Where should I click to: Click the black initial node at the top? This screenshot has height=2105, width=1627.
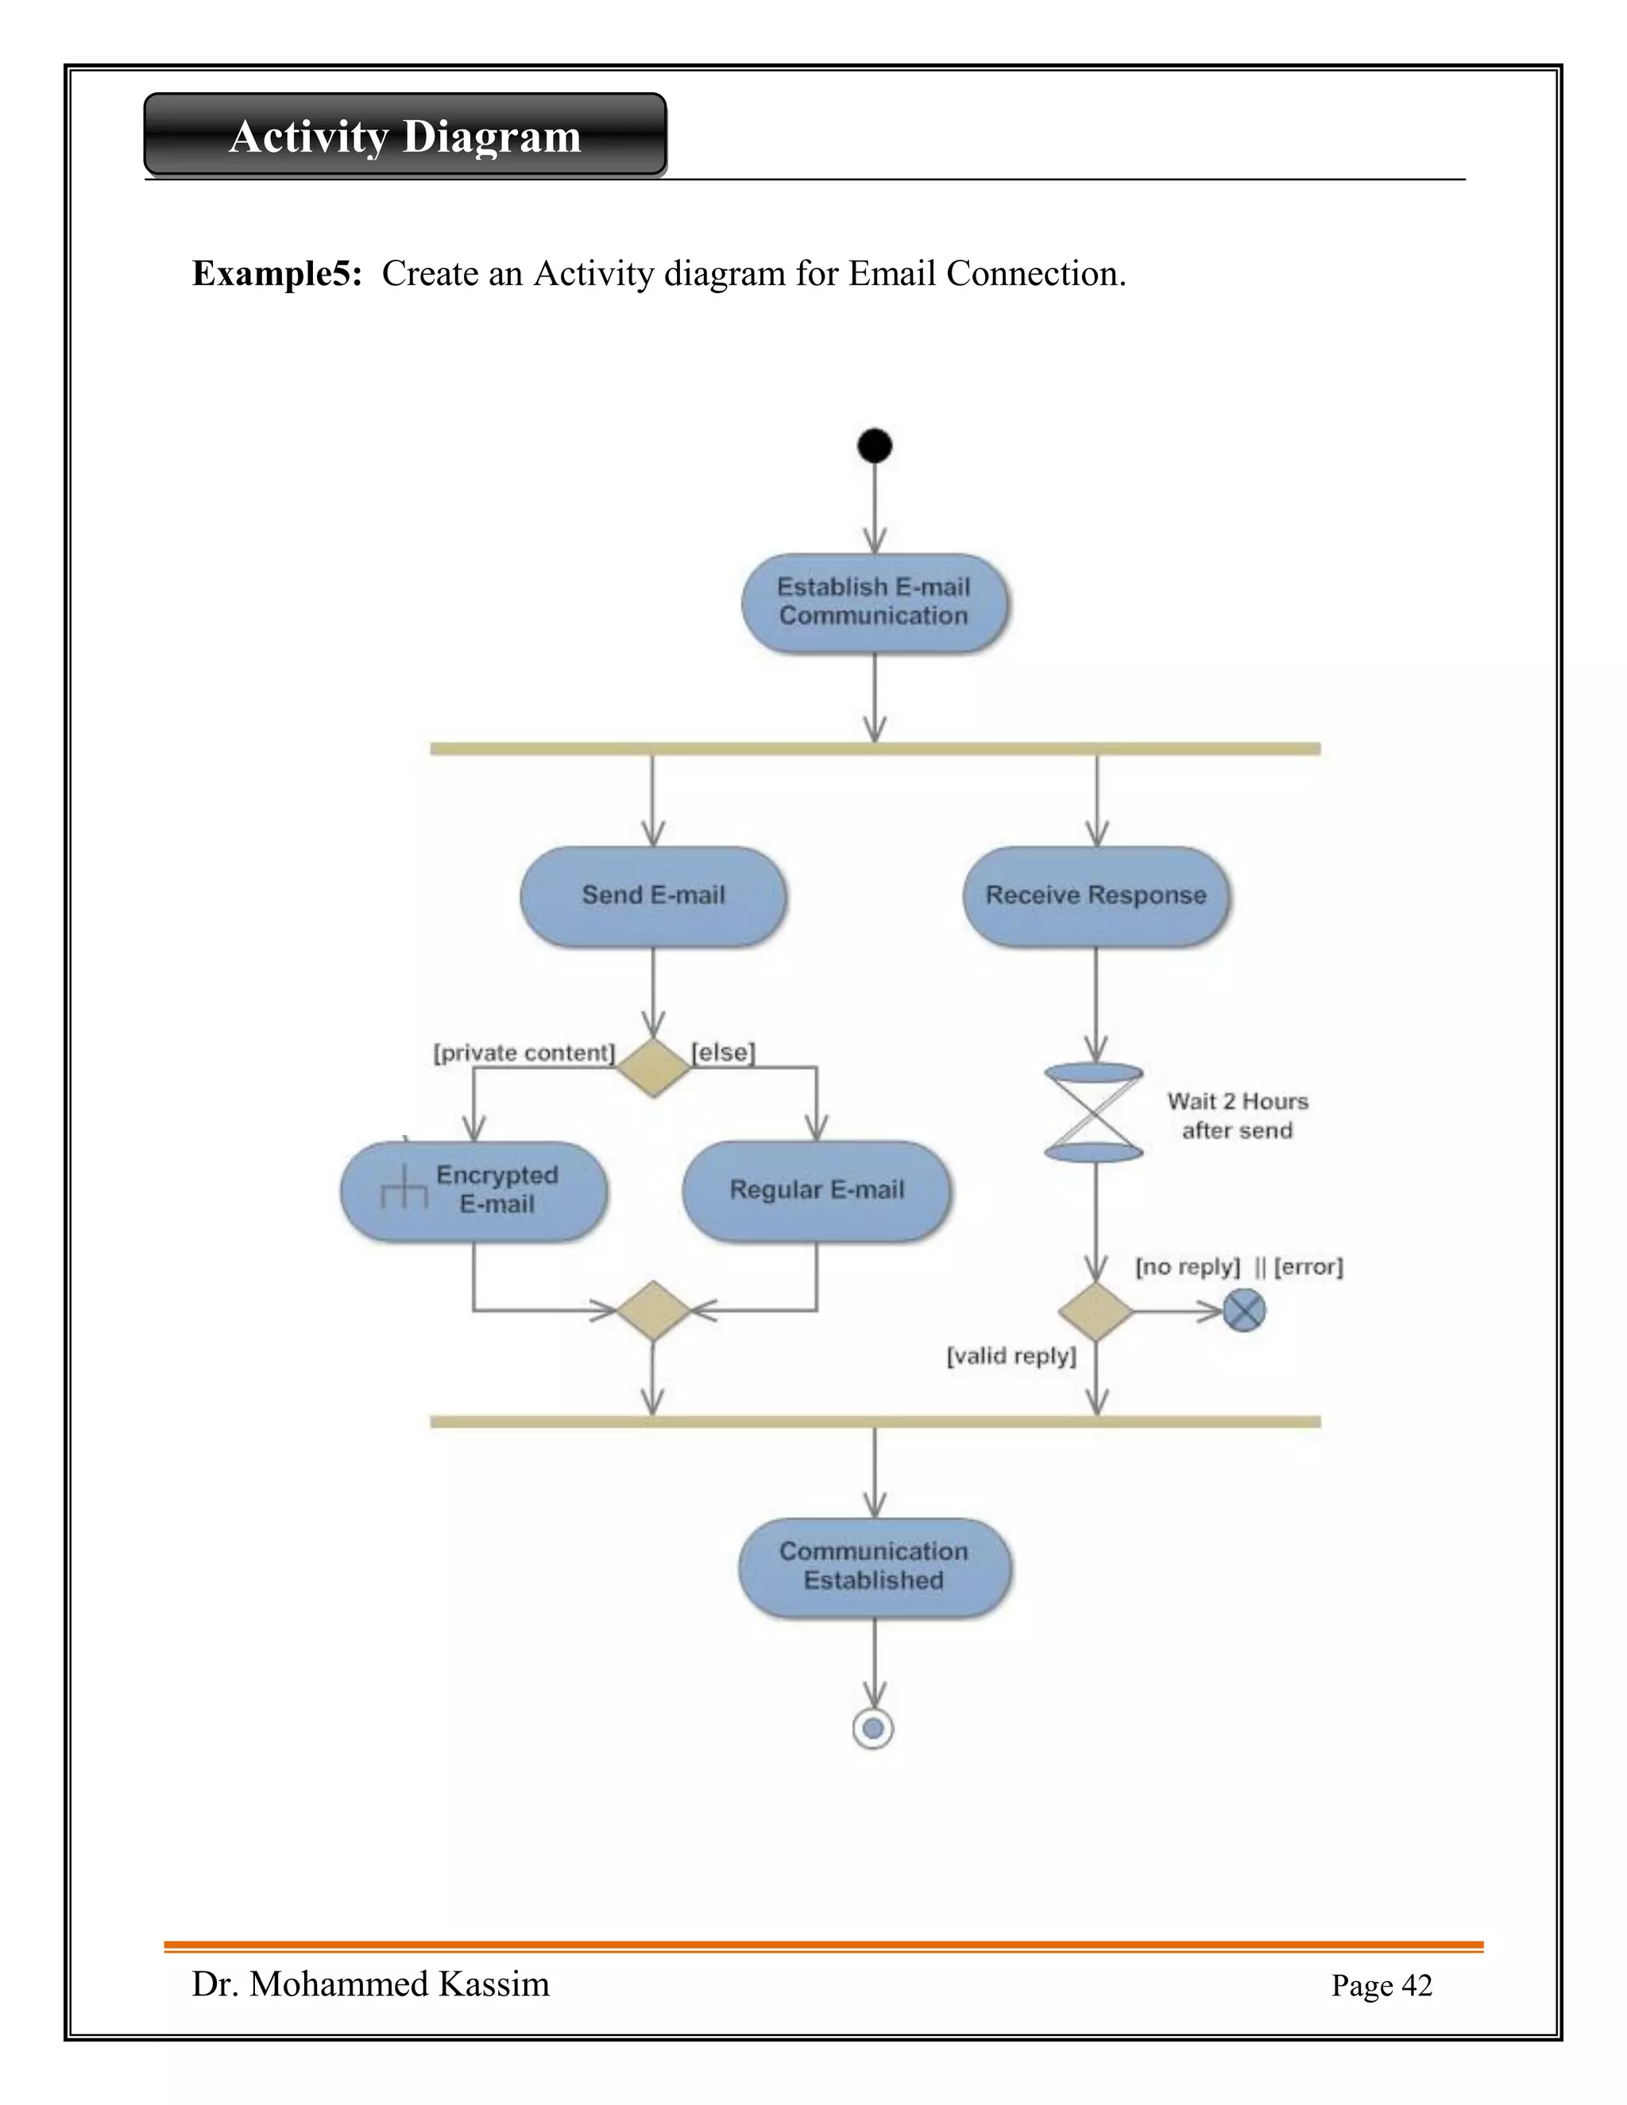[874, 446]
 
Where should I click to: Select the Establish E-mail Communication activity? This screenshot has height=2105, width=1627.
[874, 602]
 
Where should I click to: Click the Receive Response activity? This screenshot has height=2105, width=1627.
[1096, 895]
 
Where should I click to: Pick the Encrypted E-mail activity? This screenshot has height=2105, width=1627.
[474, 1191]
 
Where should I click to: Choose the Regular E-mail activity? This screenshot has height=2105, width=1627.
[817, 1191]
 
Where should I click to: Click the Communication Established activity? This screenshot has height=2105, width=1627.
[874, 1566]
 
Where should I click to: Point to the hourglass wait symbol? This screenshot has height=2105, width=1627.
[1094, 1112]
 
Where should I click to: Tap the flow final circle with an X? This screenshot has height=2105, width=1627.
[1243, 1311]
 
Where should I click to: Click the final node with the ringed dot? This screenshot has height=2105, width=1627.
[873, 1728]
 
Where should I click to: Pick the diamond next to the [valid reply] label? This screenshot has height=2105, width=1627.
[1095, 1311]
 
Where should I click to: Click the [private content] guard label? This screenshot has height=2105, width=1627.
[524, 1052]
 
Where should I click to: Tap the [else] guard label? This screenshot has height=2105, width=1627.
[723, 1052]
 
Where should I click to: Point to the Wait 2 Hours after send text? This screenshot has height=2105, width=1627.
[1238, 1115]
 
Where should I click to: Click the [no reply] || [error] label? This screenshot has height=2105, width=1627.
[1239, 1266]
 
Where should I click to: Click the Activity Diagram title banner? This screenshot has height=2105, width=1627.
[405, 135]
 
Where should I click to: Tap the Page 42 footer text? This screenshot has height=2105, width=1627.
[1382, 1986]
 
